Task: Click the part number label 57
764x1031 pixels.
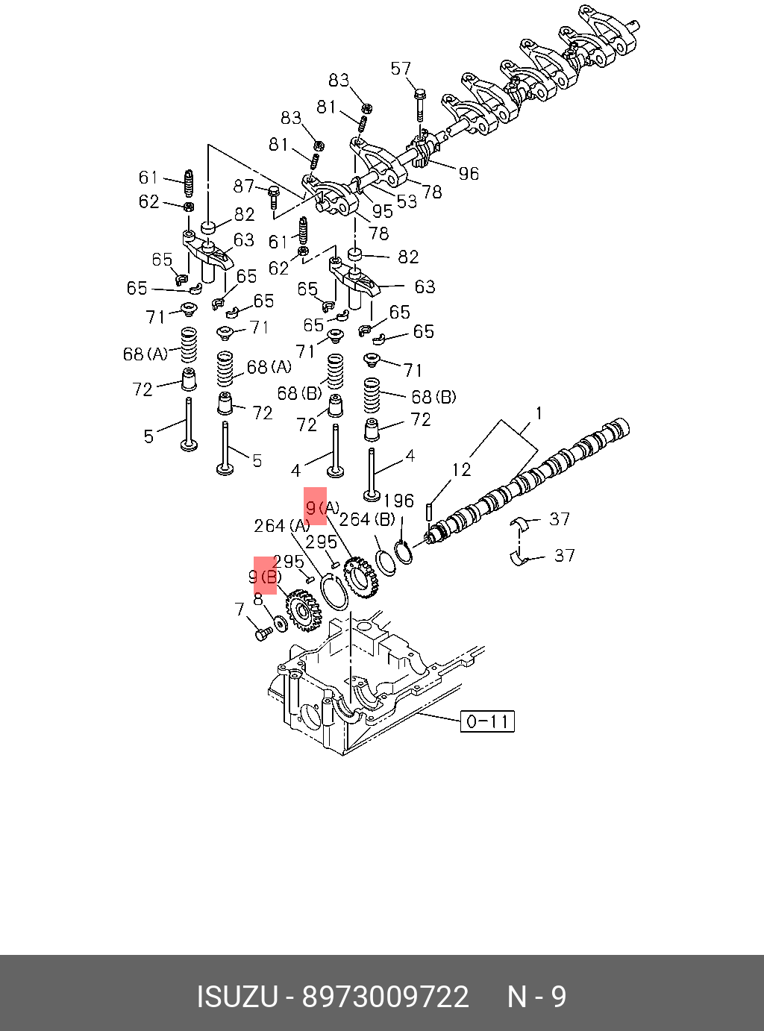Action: pos(401,69)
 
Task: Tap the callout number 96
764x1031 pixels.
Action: pos(469,174)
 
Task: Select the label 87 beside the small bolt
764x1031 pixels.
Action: pos(244,186)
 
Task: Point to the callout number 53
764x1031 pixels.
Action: pos(407,201)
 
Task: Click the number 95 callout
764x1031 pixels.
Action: pos(382,212)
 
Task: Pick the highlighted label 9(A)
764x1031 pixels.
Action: pos(322,508)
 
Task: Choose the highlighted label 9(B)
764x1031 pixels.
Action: pos(265,577)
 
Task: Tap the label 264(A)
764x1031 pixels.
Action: pos(281,526)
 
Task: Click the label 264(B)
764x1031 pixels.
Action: pos(367,519)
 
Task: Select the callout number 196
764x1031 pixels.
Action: pos(398,501)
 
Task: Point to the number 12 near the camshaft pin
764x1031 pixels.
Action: pos(461,469)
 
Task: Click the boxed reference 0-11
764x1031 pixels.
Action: pos(487,721)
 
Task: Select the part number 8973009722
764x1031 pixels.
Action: pos(385,997)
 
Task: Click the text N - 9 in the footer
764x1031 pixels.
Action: pos(536,997)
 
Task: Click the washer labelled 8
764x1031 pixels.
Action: pos(281,621)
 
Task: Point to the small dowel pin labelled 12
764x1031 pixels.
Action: pos(430,513)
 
